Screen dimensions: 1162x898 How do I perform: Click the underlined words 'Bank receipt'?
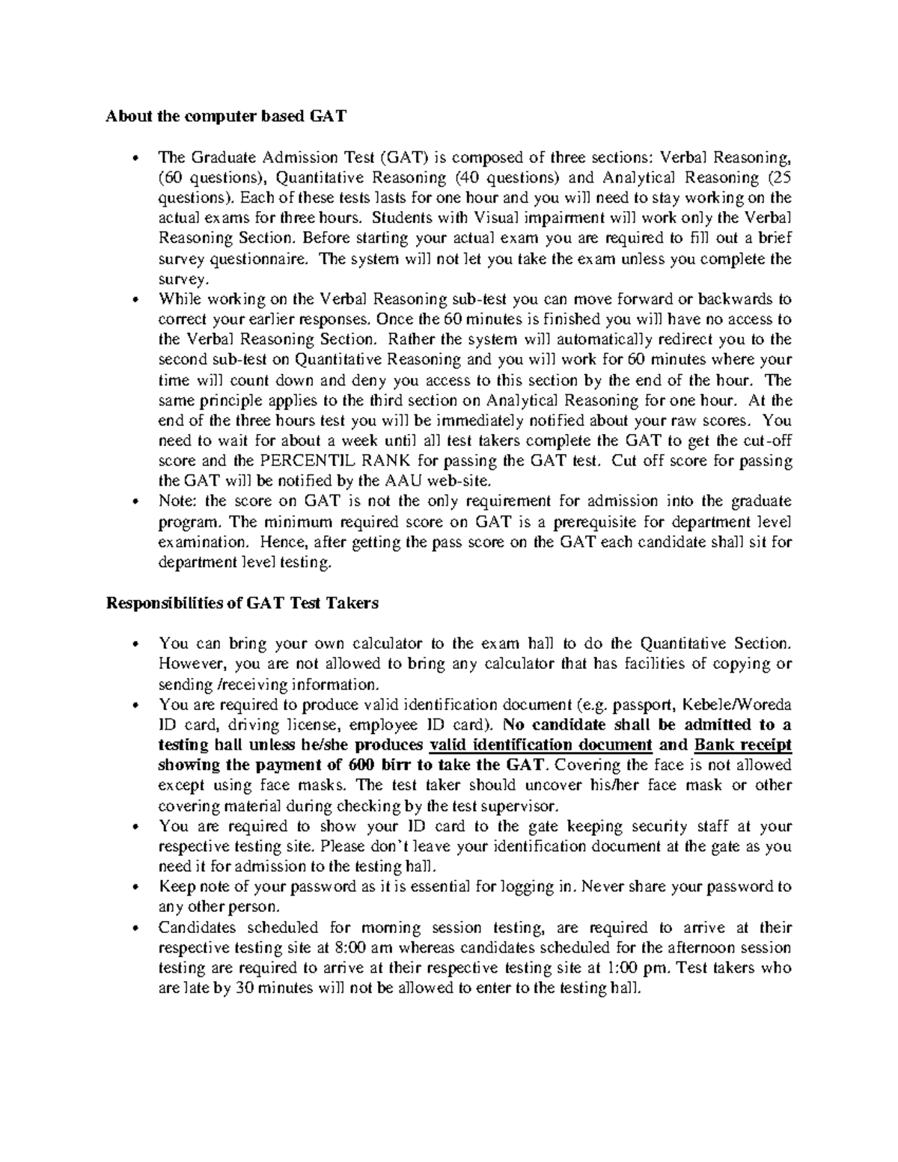tap(743, 744)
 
